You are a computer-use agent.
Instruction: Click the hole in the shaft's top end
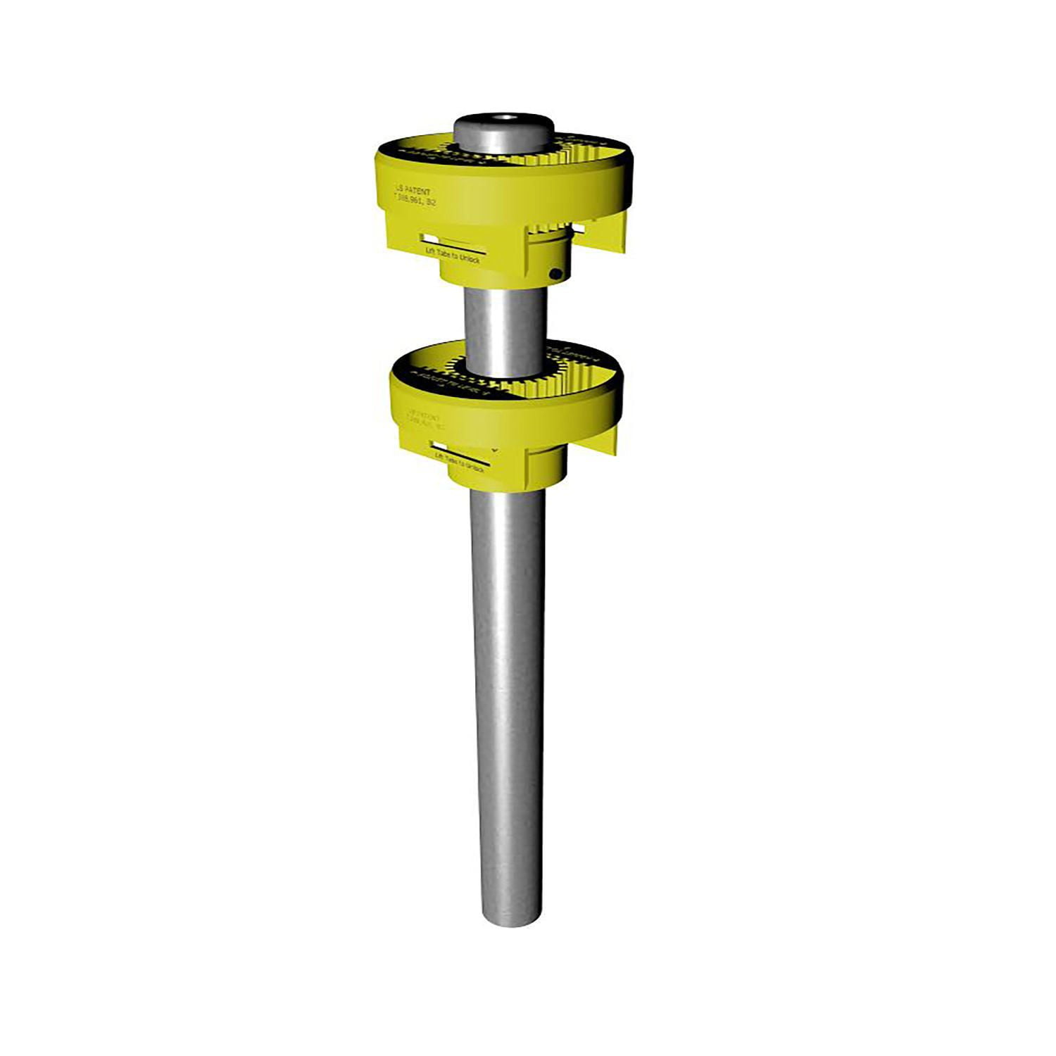click(x=504, y=118)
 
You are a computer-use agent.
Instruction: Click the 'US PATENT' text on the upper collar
click(x=413, y=191)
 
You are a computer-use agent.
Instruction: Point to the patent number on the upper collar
click(x=415, y=202)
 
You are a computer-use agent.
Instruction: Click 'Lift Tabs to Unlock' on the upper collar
click(x=453, y=257)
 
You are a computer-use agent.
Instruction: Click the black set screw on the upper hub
click(x=556, y=273)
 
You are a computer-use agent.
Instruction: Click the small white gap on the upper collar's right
click(x=578, y=229)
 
